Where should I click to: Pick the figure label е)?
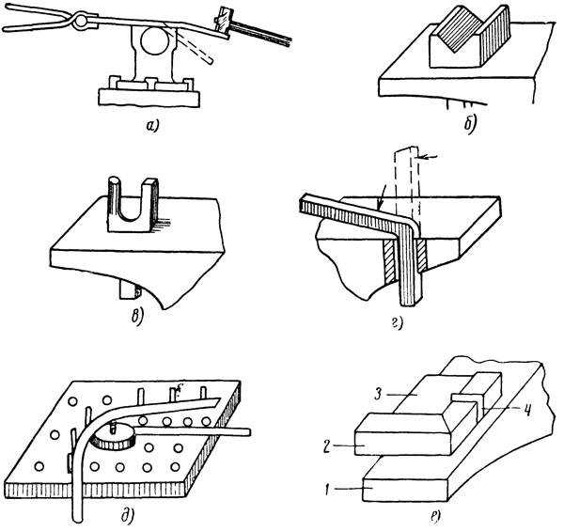(x=438, y=515)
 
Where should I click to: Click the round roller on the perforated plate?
(x=117, y=434)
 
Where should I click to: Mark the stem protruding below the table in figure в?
(x=131, y=288)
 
